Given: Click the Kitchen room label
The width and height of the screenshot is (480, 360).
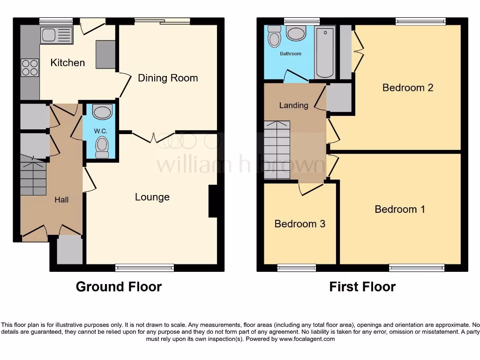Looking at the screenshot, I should tap(67, 62).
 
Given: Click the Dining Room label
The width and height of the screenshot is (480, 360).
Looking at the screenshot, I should tap(168, 78).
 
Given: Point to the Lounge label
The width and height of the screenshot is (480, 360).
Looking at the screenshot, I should tap(152, 197).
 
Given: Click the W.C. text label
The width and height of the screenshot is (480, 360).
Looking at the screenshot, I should tap(101, 131).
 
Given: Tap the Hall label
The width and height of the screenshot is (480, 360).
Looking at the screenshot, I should tap(61, 200).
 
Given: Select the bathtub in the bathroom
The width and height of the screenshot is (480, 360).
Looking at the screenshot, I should tap(325, 52).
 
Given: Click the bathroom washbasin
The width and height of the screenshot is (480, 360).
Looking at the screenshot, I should tap(296, 33).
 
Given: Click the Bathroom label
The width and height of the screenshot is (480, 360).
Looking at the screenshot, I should tap(291, 54).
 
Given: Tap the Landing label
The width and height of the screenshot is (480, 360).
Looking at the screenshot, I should tap(293, 105).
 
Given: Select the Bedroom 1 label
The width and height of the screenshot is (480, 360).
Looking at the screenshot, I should tap(400, 209).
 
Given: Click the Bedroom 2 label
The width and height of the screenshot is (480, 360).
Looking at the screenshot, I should tap(407, 87).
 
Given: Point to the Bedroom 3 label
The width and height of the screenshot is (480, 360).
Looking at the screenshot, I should tap(300, 224).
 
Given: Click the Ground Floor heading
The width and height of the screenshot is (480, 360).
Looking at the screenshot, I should tap(119, 286).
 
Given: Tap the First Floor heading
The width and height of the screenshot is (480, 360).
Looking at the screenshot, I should tap(362, 286).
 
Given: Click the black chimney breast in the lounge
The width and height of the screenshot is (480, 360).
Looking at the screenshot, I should tap(213, 202).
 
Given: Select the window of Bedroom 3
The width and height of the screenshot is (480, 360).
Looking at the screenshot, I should tap(296, 268).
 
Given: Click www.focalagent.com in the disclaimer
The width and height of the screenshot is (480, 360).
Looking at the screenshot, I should tap(307, 339).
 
